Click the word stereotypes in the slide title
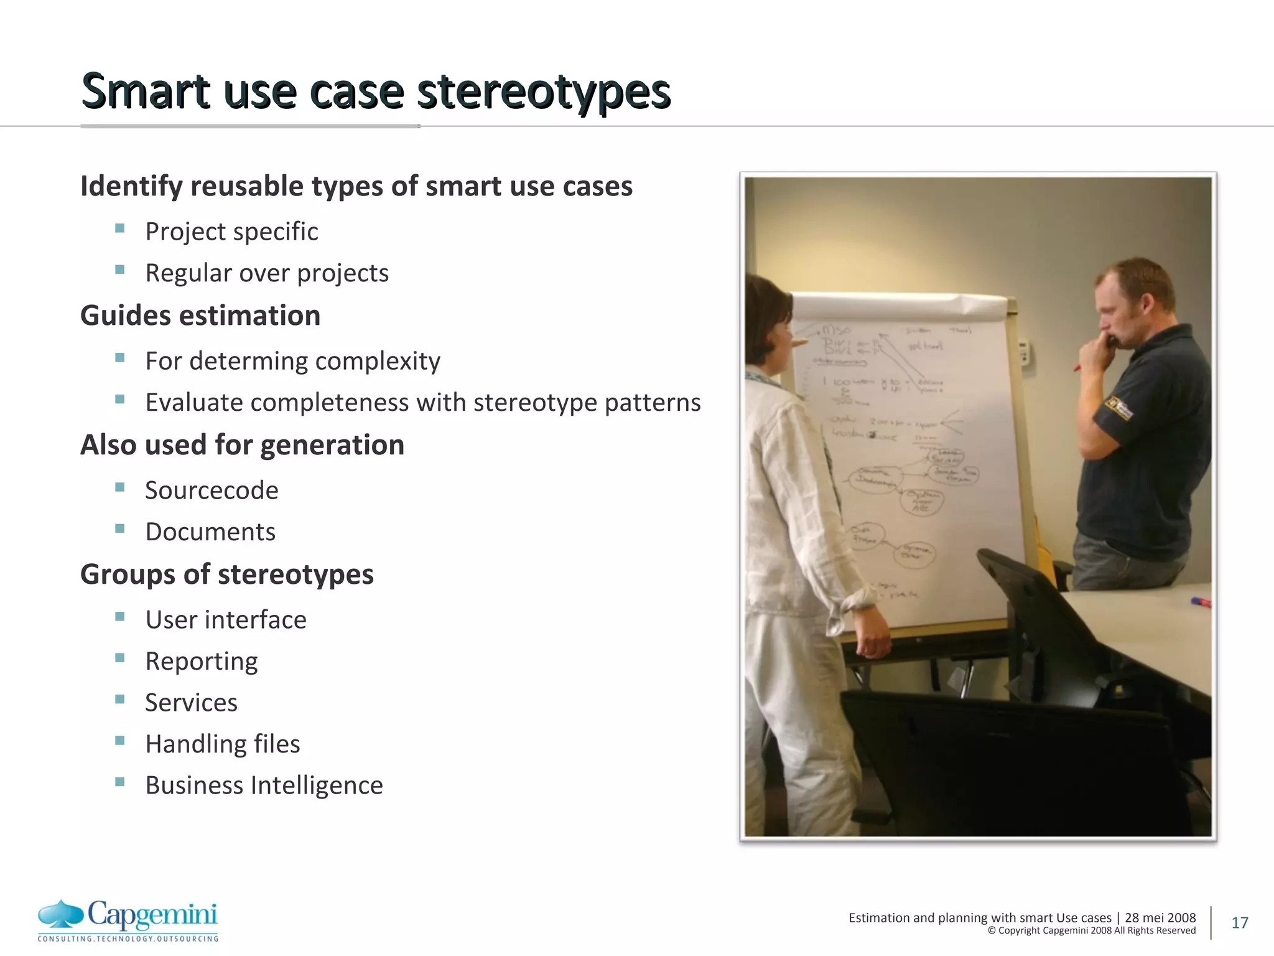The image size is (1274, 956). click(x=543, y=91)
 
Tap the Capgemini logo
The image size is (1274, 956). click(x=128, y=920)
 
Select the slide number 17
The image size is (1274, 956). click(x=1239, y=922)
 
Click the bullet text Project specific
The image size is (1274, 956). click(x=231, y=232)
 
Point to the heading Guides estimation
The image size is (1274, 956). click(x=200, y=316)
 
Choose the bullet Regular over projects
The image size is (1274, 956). click(x=267, y=273)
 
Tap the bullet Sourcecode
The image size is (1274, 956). click(x=212, y=490)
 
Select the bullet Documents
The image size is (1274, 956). click(x=210, y=532)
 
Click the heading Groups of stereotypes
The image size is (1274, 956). click(x=227, y=574)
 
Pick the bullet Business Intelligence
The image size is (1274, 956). click(x=264, y=785)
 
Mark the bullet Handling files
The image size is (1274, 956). click(x=223, y=744)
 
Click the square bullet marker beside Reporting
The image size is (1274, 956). click(x=120, y=658)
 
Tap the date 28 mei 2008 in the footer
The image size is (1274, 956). click(x=1160, y=917)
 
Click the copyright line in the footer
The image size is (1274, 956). click(x=1091, y=931)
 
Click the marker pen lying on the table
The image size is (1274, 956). click(x=1201, y=602)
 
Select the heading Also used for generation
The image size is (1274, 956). click(x=242, y=445)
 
